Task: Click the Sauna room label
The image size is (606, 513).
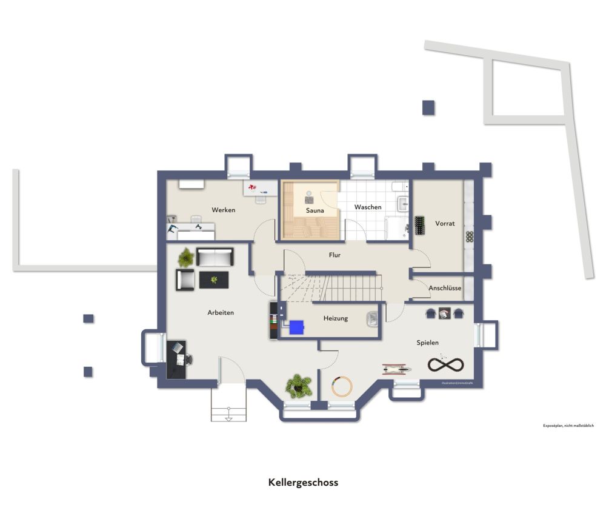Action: click(x=315, y=210)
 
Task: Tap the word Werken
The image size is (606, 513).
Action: click(x=223, y=210)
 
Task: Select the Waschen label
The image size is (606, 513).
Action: click(x=368, y=207)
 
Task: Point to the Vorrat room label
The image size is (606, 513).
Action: click(x=445, y=223)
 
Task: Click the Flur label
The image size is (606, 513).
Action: click(x=335, y=255)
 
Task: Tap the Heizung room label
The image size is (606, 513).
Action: click(x=336, y=318)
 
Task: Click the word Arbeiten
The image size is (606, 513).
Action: click(x=221, y=312)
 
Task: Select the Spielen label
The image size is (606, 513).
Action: click(x=427, y=343)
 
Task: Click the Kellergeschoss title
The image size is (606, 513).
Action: click(x=303, y=483)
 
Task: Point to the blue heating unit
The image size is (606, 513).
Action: click(x=296, y=327)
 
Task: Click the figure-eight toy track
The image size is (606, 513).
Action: click(x=445, y=364)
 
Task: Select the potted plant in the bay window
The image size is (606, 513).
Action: click(x=298, y=385)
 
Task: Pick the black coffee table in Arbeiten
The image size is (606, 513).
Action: click(x=215, y=280)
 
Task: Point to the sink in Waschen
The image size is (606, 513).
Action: click(x=404, y=203)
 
